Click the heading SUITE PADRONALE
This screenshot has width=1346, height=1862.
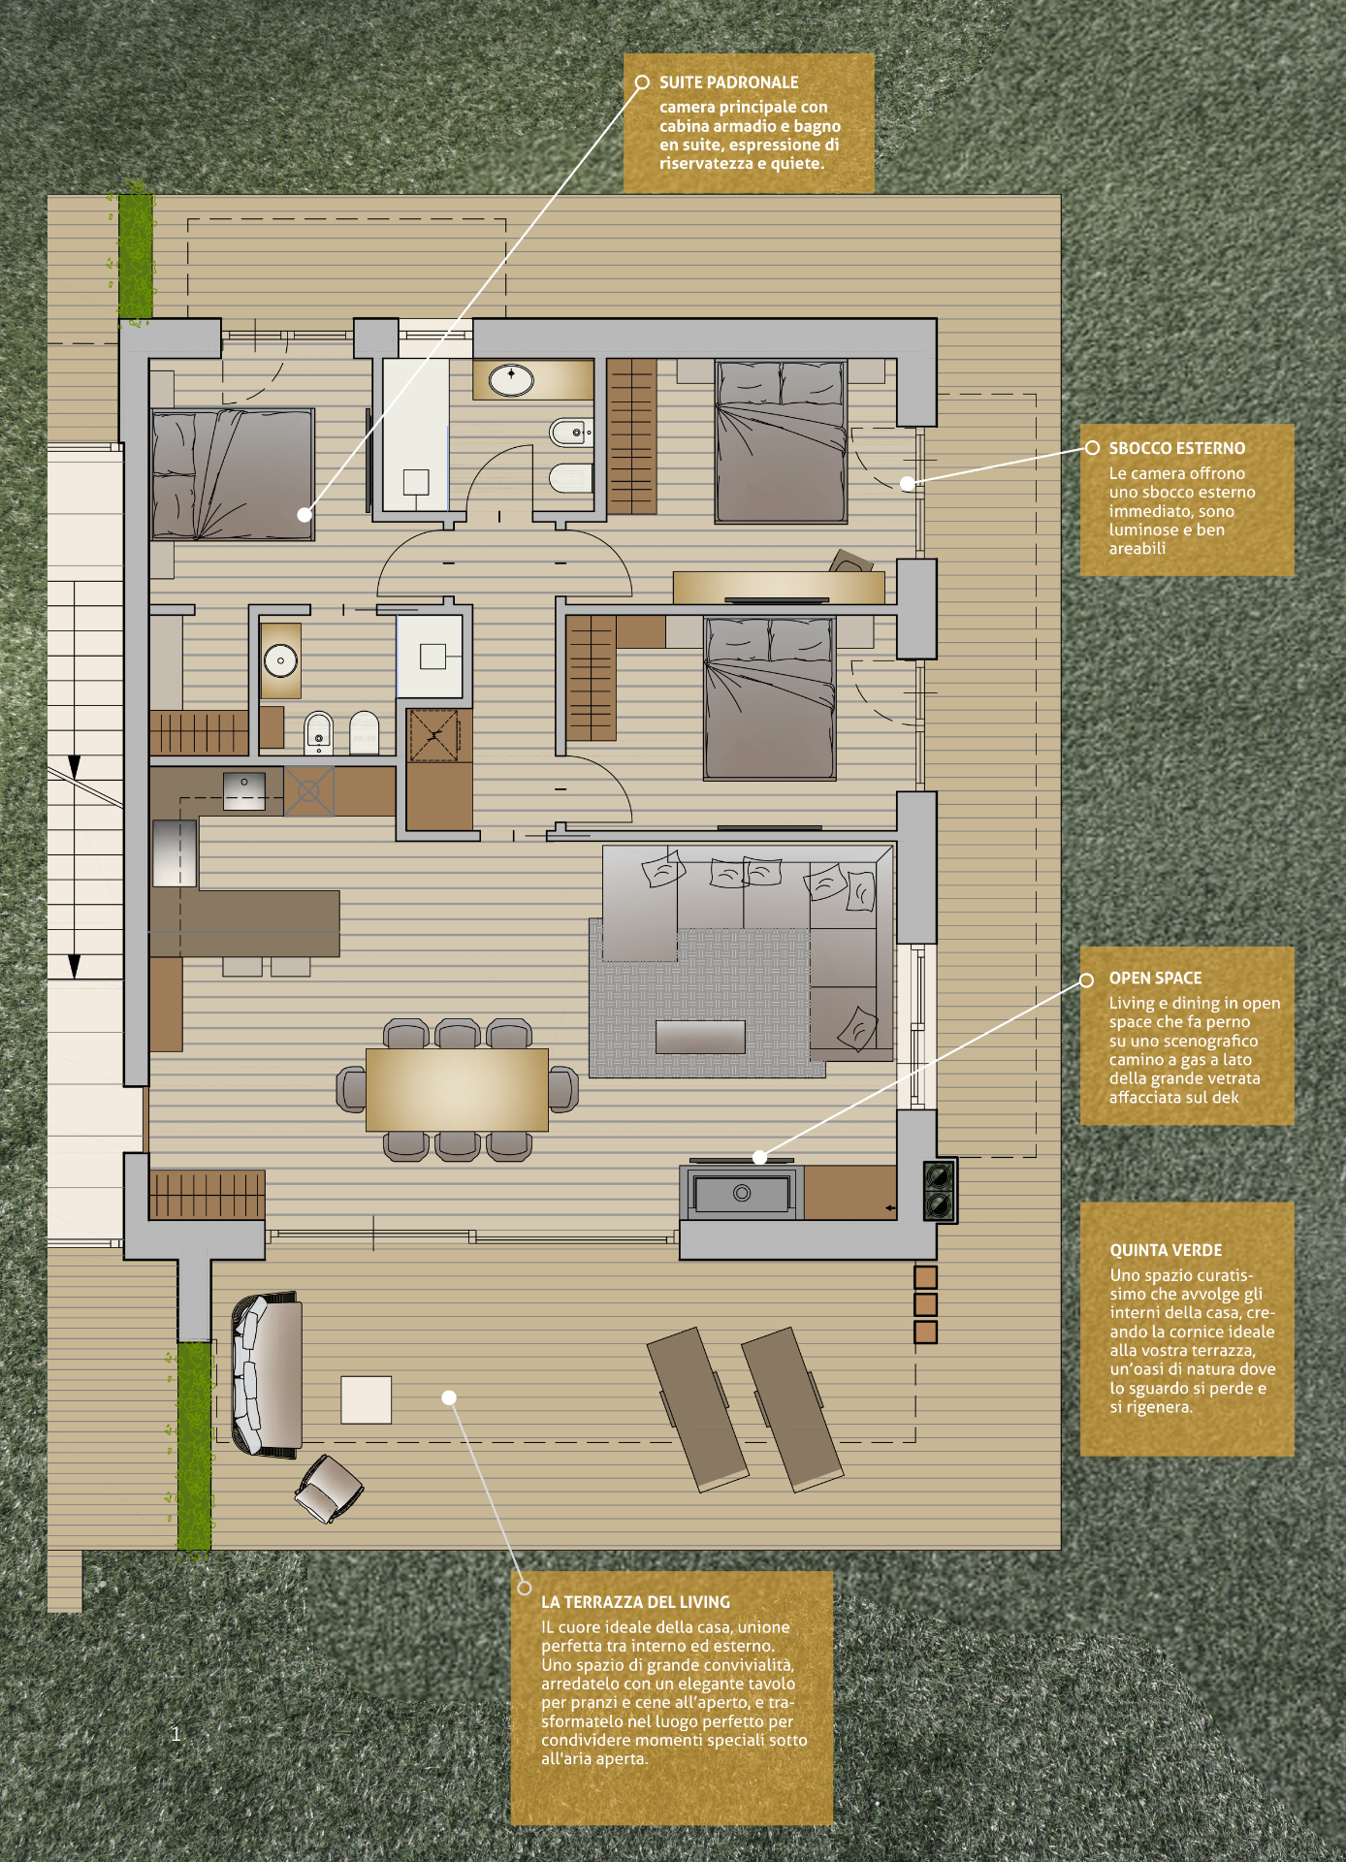[729, 82]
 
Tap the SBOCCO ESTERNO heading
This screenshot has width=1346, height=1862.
[1177, 448]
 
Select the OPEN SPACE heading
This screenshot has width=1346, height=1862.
[1156, 978]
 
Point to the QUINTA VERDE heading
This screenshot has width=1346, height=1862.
[1166, 1250]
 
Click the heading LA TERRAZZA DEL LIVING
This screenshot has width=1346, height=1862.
[635, 1602]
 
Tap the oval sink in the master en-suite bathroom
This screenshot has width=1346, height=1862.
[511, 379]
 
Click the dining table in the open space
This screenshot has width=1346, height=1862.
[457, 1089]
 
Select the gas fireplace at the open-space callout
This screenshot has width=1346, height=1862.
[742, 1193]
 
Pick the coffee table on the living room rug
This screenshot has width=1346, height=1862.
[700, 1036]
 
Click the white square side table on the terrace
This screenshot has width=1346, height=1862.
[366, 1399]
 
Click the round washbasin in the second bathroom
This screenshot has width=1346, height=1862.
[280, 660]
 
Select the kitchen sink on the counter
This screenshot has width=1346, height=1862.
[244, 791]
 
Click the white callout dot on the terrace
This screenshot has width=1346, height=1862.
[449, 1397]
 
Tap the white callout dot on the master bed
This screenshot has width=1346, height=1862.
[304, 515]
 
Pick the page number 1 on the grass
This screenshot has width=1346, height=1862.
[176, 1734]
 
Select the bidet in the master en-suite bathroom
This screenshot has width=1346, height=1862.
[571, 432]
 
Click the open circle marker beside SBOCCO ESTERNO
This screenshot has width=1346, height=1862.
[1092, 448]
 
